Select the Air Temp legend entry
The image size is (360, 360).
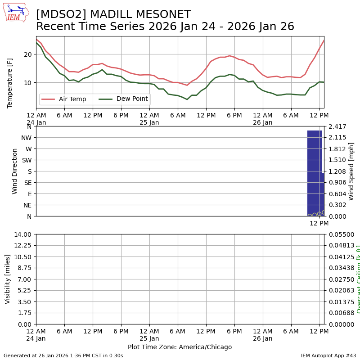[x=72, y=99]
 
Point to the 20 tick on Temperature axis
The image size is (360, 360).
[x=28, y=54]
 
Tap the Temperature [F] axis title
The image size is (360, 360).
[x=10, y=83]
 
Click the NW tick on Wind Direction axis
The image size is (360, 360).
[x=26, y=138]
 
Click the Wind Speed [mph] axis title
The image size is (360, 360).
[x=351, y=171]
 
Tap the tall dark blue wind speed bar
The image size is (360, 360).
[x=314, y=173]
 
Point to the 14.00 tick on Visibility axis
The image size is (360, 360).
[x=23, y=234]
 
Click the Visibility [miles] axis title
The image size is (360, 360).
[x=8, y=279]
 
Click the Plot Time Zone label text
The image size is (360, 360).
[x=180, y=347]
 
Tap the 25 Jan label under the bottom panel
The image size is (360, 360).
[x=149, y=338]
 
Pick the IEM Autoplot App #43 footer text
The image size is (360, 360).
[x=328, y=355]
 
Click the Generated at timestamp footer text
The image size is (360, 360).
[x=63, y=355]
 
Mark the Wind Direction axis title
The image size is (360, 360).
[x=15, y=171]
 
